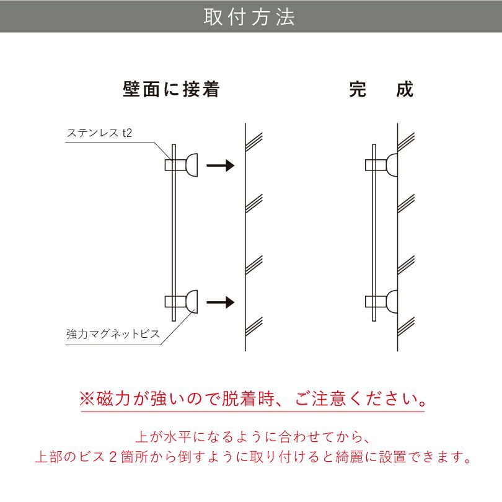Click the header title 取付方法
point(250,17)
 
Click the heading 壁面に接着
point(172,90)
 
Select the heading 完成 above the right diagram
point(381,90)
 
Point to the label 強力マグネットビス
point(113,335)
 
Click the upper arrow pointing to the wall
point(220,165)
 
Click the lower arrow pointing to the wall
point(220,302)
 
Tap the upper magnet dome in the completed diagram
point(392,165)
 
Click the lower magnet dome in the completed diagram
point(392,302)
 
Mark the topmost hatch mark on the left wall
point(254,140)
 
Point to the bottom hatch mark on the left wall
point(254,324)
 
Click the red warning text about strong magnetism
point(252,397)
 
